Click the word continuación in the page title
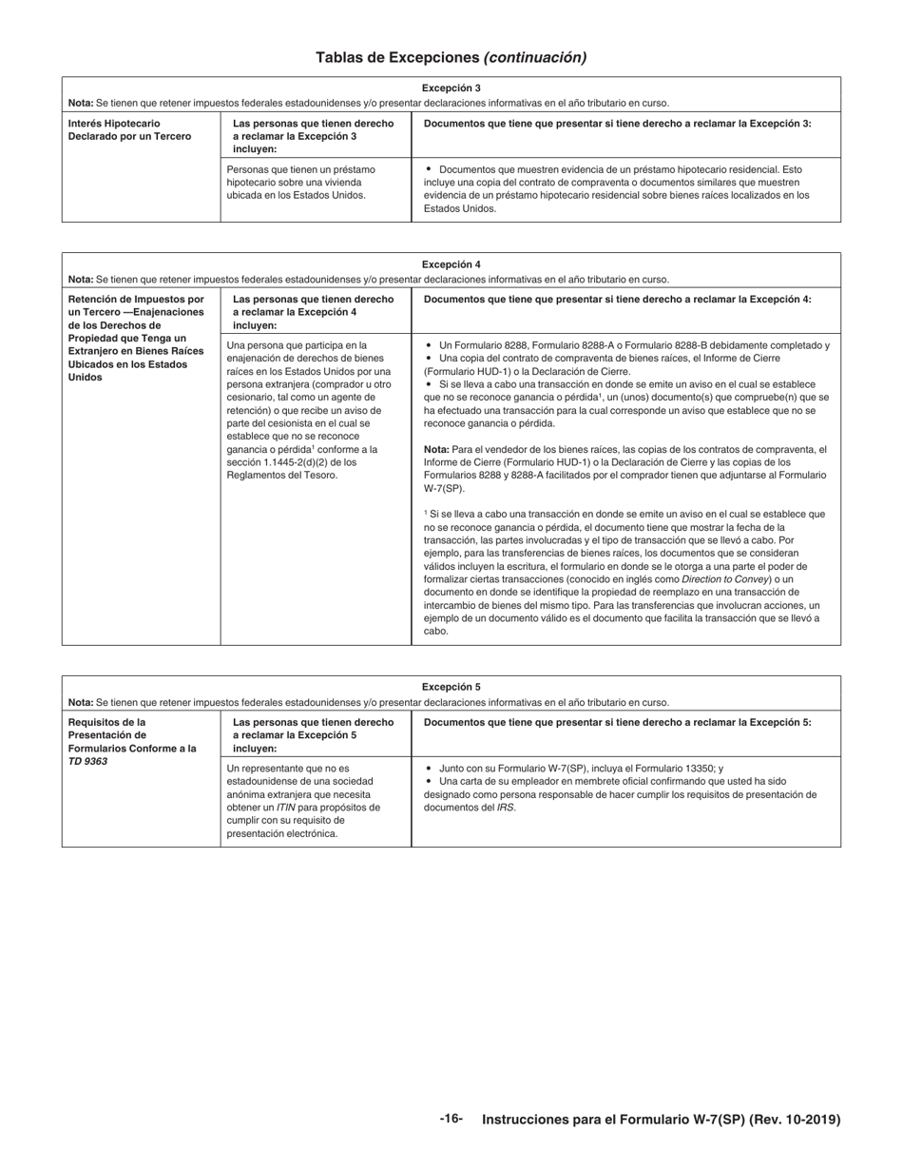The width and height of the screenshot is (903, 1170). [535, 57]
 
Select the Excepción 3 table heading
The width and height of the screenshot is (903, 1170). [451, 88]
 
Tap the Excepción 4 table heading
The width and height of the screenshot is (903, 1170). [451, 264]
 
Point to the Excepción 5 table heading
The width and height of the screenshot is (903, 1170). [451, 687]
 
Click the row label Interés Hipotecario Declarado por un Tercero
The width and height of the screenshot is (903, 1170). [129, 130]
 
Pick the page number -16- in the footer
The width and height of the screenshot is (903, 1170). [451, 1119]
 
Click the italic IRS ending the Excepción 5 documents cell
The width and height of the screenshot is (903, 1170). [506, 808]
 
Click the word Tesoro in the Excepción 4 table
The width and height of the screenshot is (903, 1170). [318, 476]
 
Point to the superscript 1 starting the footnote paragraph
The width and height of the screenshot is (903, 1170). [426, 512]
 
